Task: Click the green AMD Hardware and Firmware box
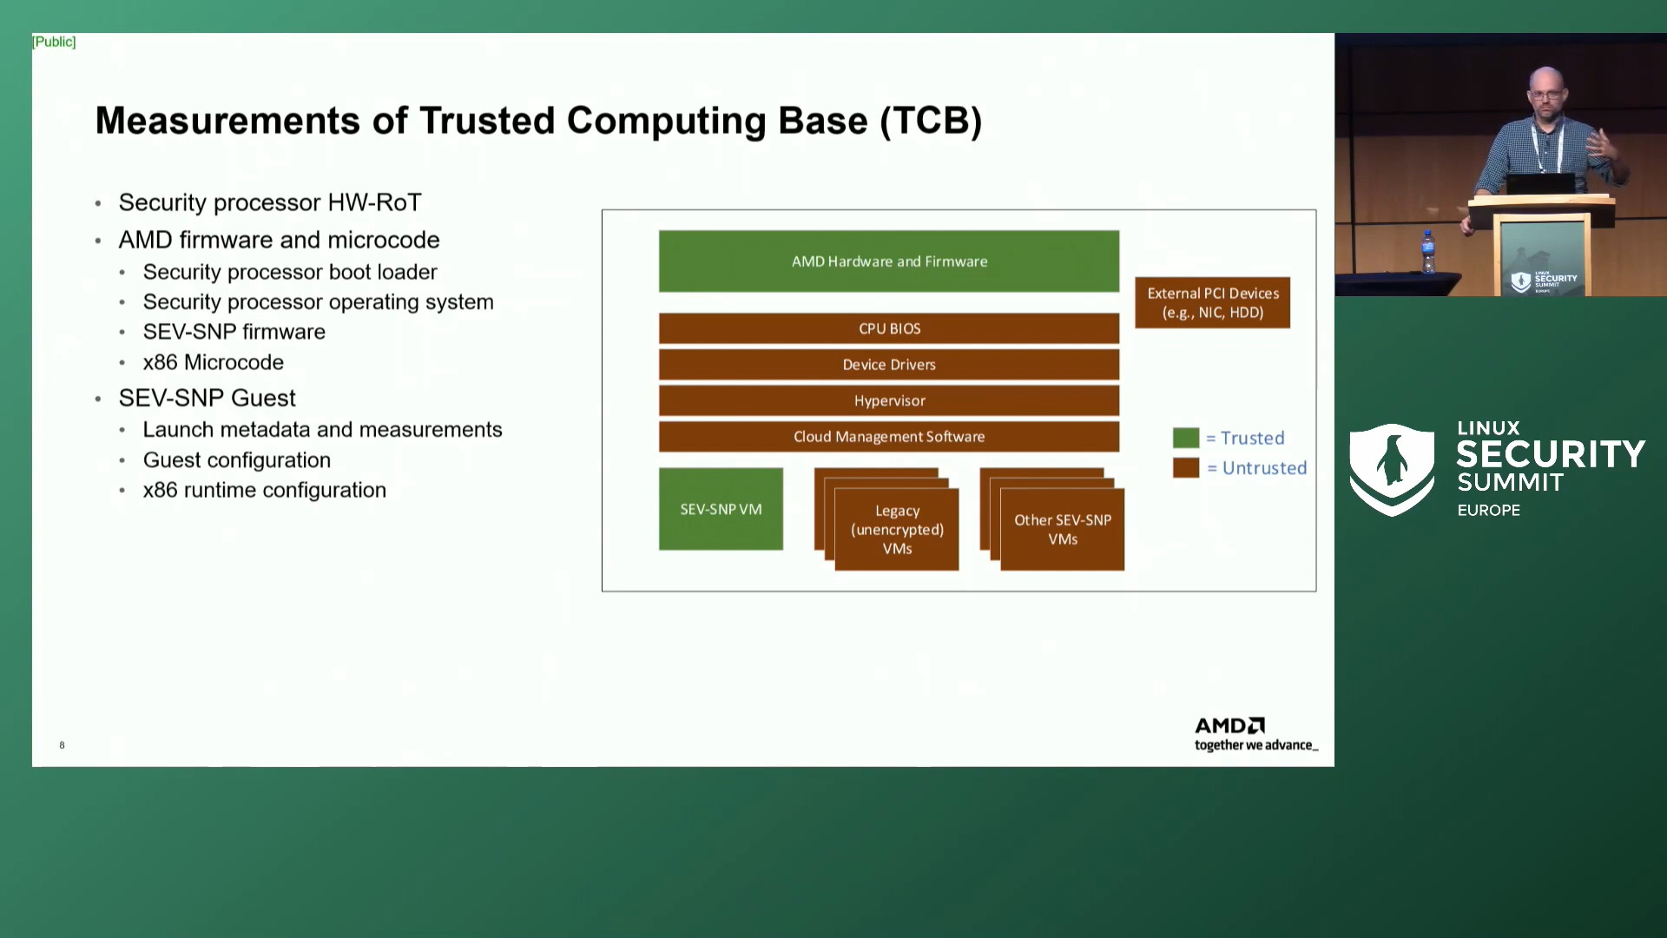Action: pos(888,261)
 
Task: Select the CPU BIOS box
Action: pos(888,328)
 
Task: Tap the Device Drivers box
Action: pos(888,365)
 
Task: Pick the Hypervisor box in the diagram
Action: pos(888,400)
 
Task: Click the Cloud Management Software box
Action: pos(888,437)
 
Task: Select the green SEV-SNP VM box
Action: pos(721,509)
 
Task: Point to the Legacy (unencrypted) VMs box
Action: pos(897,530)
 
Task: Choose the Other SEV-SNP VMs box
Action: pos(1062,530)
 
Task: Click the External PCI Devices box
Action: pos(1212,302)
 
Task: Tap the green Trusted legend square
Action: pos(1185,438)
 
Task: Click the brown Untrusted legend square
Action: pos(1185,468)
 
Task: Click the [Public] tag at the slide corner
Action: pos(54,42)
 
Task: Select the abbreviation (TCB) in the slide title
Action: pos(931,121)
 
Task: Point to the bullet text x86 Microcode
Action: pos(213,362)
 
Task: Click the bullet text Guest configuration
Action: pos(236,460)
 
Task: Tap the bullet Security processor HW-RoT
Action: pos(269,202)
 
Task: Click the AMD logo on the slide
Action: pos(1229,725)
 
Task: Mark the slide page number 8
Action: pos(62,745)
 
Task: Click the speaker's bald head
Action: pos(1546,81)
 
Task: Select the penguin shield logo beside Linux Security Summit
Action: pos(1392,469)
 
